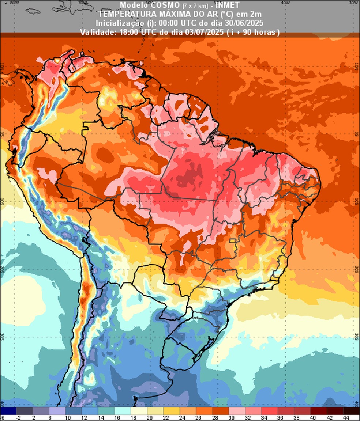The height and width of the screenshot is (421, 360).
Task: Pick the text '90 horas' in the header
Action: click(x=262, y=32)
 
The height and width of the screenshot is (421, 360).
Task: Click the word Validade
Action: click(x=98, y=32)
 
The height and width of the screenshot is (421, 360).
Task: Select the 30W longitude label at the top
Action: click(x=353, y=2)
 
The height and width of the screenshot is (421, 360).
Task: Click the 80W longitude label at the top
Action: click(x=15, y=2)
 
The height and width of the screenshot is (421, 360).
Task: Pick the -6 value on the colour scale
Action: click(x=2, y=417)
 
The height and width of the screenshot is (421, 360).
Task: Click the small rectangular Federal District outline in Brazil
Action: click(x=232, y=241)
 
